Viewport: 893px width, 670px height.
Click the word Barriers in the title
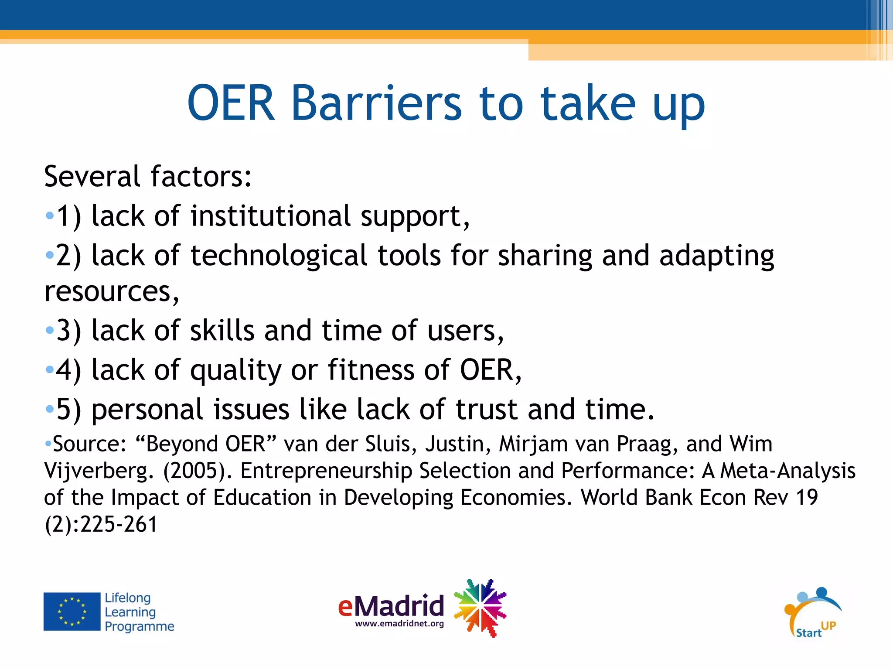pos(376,103)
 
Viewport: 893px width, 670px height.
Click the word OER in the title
pos(231,103)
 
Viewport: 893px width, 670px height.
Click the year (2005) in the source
pos(197,471)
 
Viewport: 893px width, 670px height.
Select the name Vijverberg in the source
pos(98,472)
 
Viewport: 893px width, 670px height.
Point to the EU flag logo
pos(72,612)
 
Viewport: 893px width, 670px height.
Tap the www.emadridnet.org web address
pos(399,624)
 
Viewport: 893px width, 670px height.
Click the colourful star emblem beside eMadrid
pos(480,608)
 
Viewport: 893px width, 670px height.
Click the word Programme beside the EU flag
pos(140,627)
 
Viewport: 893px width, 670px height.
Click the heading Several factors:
pos(148,177)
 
